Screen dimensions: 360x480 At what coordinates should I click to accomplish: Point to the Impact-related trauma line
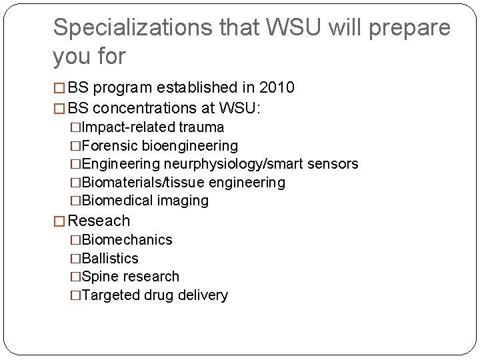(152, 127)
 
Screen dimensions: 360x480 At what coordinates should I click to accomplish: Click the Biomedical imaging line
(145, 200)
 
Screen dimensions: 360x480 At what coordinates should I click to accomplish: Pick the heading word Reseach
(99, 221)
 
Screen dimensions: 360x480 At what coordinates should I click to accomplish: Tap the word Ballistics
(110, 258)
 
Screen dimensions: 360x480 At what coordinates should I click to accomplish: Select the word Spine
(100, 276)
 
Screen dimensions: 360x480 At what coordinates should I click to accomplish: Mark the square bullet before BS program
(59, 88)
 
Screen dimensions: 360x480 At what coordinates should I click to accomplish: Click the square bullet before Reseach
(59, 221)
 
